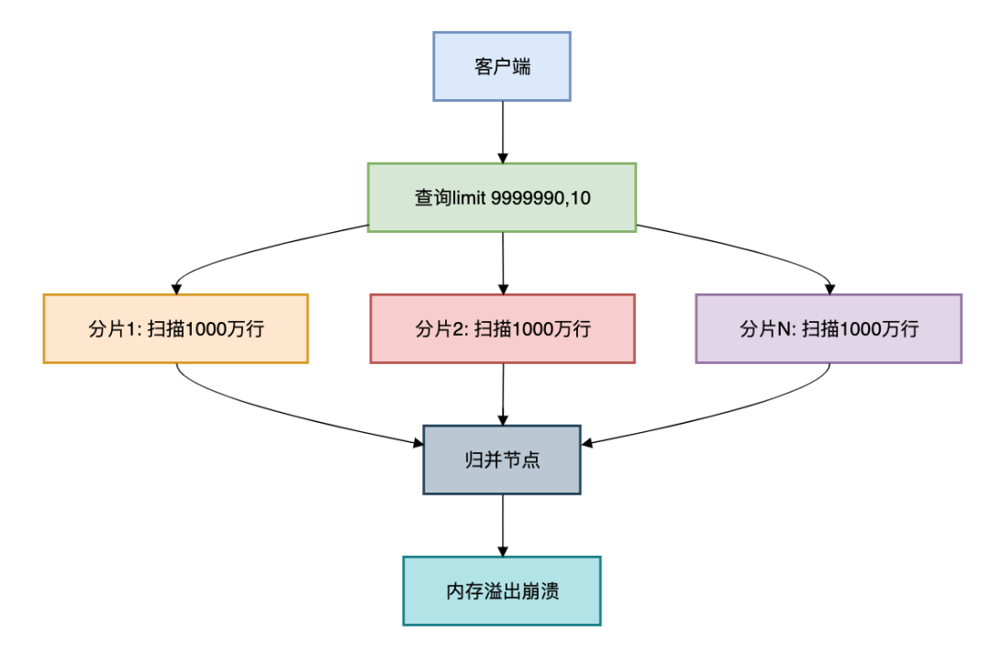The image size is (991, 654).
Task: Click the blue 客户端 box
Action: [x=501, y=66]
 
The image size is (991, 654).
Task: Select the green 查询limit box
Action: [x=501, y=197]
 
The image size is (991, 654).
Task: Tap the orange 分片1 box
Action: [x=175, y=328]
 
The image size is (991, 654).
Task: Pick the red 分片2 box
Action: [x=502, y=328]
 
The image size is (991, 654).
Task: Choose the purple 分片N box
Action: [x=828, y=328]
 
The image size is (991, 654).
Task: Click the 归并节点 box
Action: [x=501, y=460]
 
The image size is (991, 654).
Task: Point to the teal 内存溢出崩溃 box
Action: [x=501, y=591]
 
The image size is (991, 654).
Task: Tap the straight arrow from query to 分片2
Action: [x=502, y=262]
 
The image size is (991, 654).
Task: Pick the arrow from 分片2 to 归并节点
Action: [x=502, y=394]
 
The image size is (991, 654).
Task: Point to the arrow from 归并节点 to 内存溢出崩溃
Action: [x=502, y=525]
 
